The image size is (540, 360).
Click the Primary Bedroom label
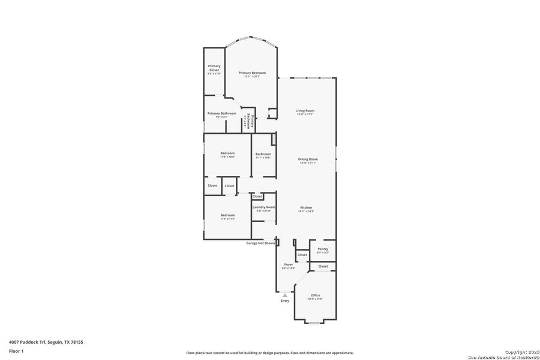(x=251, y=73)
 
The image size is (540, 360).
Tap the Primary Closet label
(x=214, y=68)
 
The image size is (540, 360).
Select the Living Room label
(x=305, y=110)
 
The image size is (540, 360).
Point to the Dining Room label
(x=308, y=159)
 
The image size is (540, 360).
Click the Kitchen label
(x=306, y=208)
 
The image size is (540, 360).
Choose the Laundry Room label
(x=263, y=207)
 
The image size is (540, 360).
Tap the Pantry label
(x=323, y=248)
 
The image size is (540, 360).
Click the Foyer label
(x=289, y=264)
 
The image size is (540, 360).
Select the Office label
(x=315, y=295)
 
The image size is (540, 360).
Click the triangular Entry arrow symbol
(x=285, y=295)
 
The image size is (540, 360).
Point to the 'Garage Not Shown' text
(x=260, y=243)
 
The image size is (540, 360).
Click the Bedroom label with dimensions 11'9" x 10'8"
(x=227, y=153)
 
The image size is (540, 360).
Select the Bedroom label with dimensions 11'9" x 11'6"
(x=227, y=215)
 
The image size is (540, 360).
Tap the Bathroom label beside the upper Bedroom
(x=263, y=154)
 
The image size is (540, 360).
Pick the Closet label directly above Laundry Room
(x=257, y=196)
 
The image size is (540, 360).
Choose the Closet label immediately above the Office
(x=323, y=266)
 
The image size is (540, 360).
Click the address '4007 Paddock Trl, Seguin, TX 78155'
(x=46, y=342)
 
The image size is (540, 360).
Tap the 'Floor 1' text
(x=16, y=350)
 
